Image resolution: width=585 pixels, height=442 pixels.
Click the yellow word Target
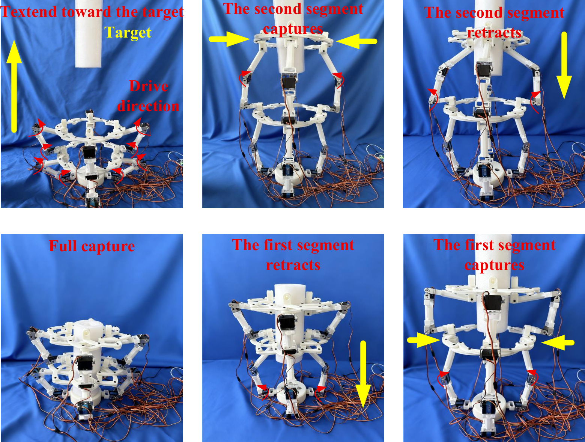(128, 33)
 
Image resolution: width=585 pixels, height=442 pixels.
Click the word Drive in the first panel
(149, 86)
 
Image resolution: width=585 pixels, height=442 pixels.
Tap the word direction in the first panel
(148, 106)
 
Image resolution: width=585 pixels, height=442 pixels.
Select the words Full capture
(92, 246)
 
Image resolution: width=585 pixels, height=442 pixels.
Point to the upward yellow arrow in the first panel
(14, 87)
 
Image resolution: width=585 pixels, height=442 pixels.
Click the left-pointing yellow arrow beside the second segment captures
(356, 41)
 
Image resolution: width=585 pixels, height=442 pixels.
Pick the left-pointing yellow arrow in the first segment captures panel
(558, 343)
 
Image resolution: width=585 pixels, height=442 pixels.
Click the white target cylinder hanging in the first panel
(89, 34)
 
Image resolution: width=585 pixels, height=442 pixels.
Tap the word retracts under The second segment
(494, 33)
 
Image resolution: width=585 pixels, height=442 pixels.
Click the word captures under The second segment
(293, 29)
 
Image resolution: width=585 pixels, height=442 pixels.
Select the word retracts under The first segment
(293, 265)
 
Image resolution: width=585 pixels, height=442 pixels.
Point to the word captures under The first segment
(495, 265)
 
